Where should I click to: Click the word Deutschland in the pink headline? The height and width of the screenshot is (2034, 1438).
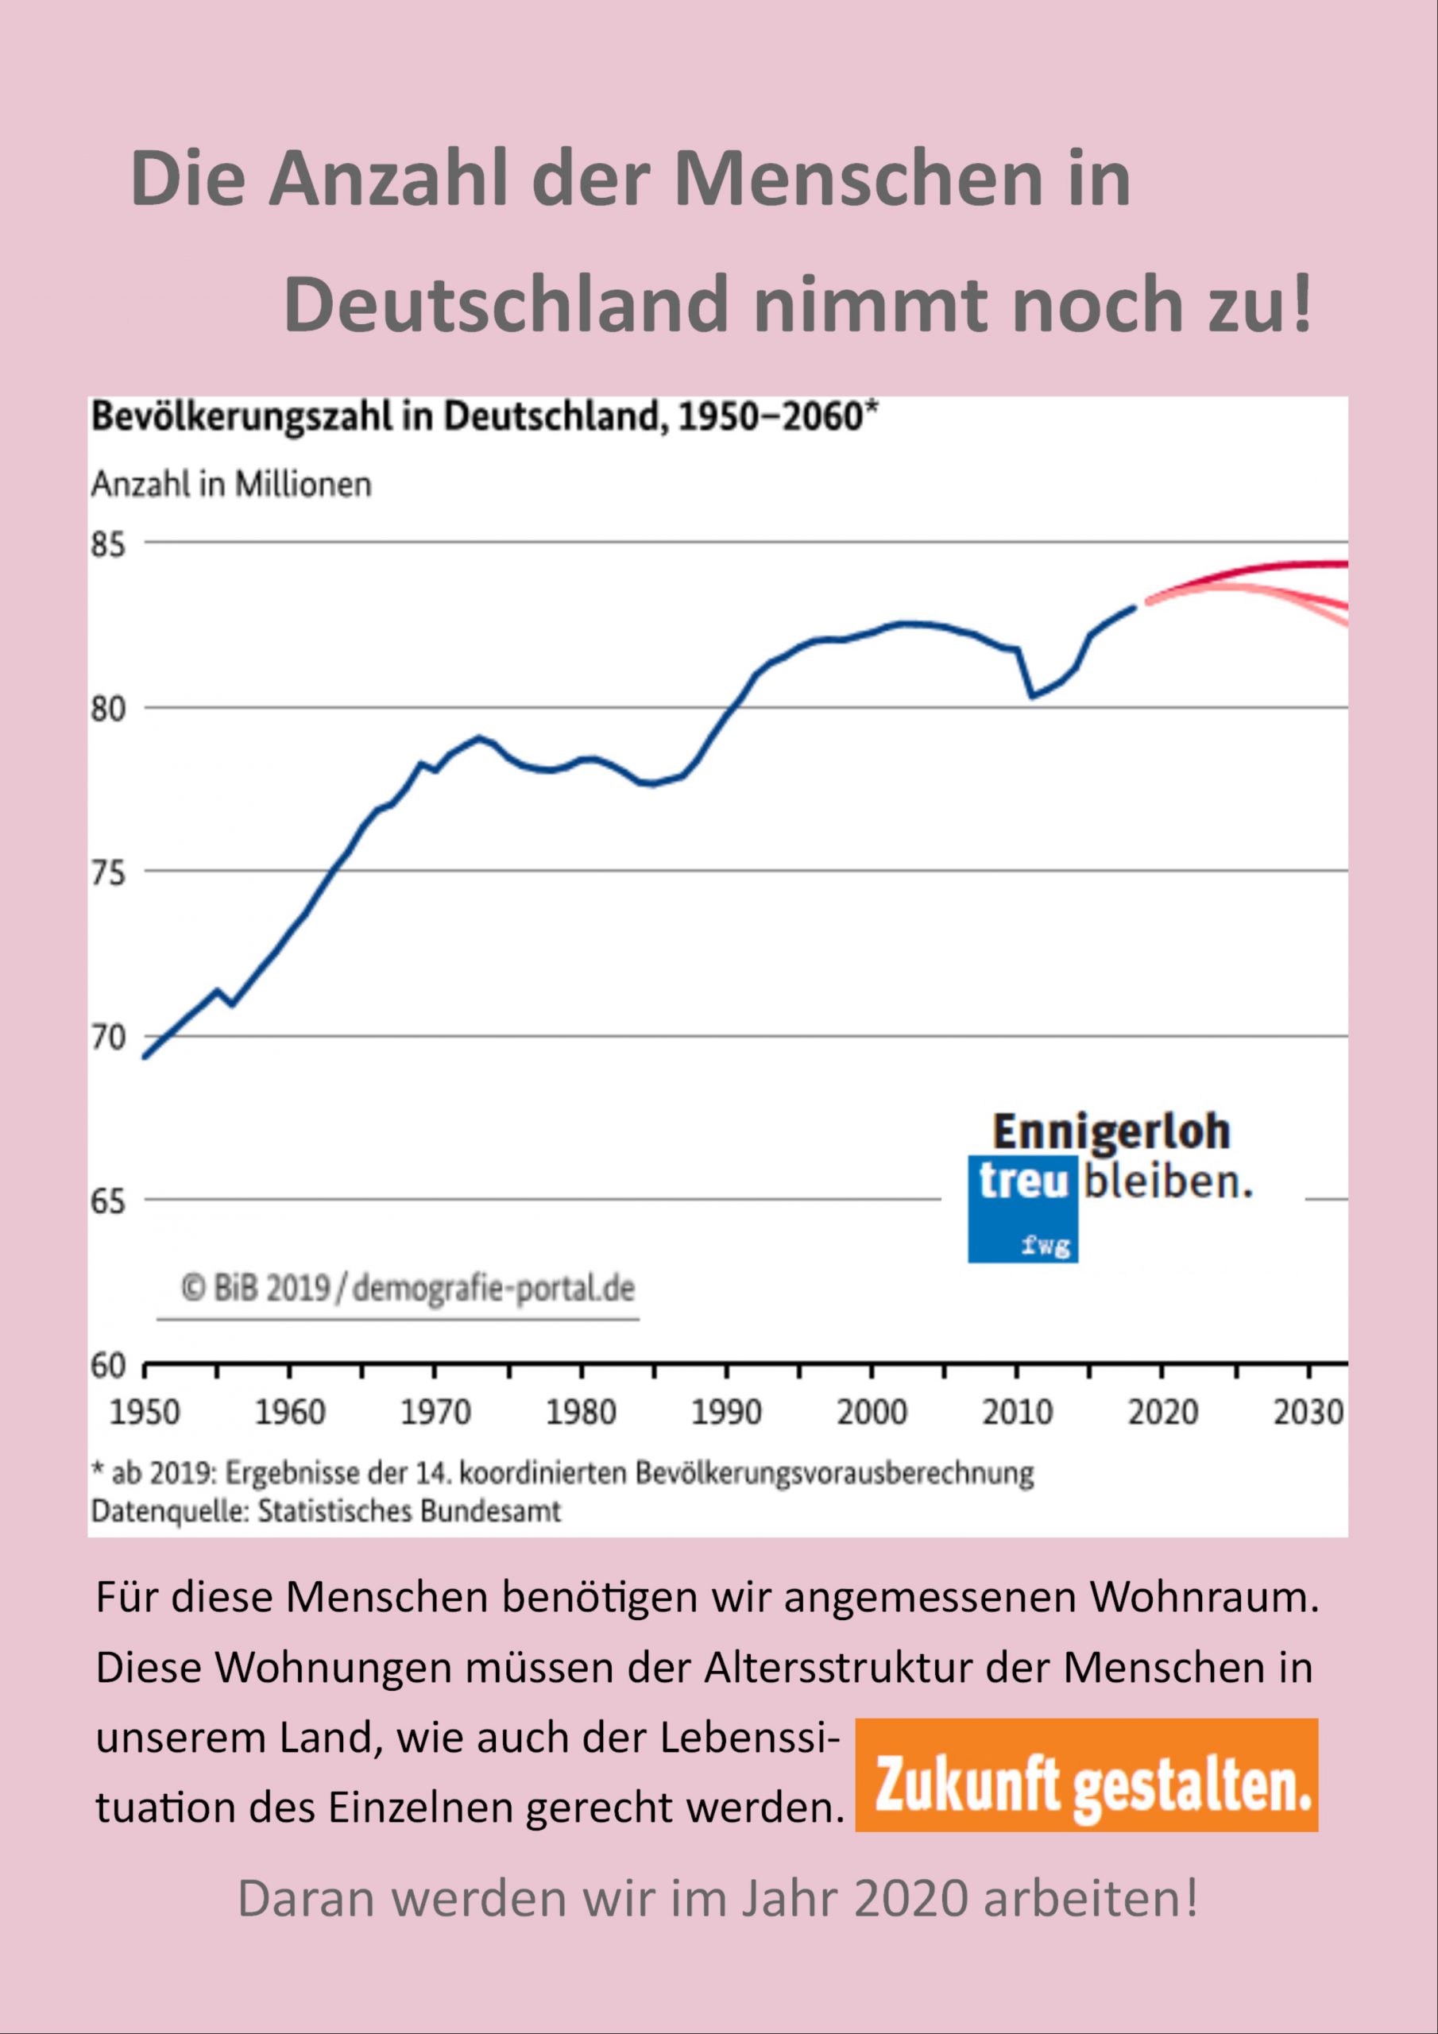509,305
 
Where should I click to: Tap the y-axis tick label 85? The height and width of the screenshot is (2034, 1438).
108,545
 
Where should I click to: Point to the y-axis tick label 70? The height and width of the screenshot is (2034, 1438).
108,1037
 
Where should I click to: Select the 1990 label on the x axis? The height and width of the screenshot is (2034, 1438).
725,1412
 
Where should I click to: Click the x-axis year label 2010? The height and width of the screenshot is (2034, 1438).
1017,1412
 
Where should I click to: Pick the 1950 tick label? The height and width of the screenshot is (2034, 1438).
145,1412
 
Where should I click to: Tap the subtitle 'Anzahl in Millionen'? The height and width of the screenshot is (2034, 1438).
231,485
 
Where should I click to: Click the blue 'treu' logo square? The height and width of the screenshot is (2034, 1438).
1022,1208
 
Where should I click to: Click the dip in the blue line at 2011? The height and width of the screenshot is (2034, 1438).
1032,696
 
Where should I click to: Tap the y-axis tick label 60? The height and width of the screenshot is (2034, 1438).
108,1366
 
